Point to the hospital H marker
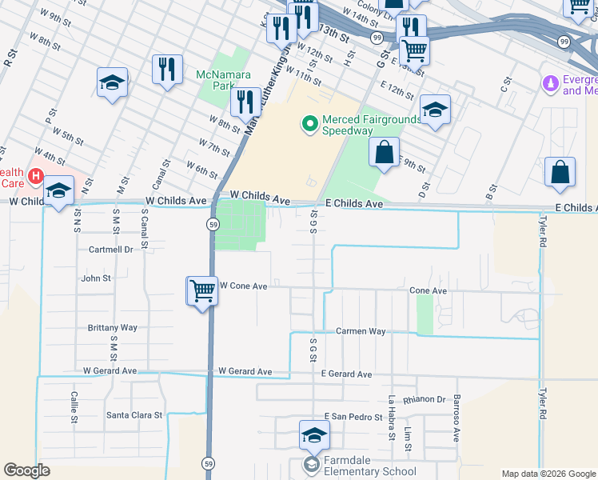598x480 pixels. [35, 175]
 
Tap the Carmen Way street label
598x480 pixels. [361, 331]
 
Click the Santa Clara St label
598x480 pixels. [134, 415]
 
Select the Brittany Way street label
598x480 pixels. [113, 328]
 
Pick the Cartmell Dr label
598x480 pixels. [110, 250]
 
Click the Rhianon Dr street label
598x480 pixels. [425, 399]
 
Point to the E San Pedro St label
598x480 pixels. [354, 418]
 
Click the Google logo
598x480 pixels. [26, 470]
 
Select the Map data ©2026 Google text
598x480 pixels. [548, 474]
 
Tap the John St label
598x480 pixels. [96, 278]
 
